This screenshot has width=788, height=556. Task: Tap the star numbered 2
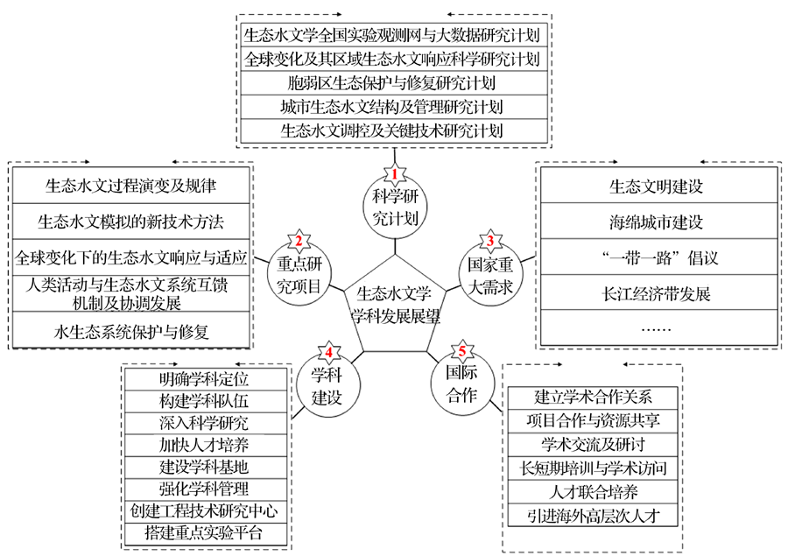tap(299, 242)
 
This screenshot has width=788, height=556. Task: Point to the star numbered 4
tap(328, 352)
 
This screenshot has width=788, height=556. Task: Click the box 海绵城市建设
tap(657, 222)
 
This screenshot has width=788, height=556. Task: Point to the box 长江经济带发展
tap(657, 293)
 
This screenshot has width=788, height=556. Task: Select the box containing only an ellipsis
tap(657, 328)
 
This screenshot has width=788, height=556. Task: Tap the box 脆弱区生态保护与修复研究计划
tap(391, 83)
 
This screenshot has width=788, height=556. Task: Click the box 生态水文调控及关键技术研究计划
tap(391, 131)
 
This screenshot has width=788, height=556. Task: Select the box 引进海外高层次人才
tap(597, 515)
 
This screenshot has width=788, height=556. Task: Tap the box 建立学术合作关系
tap(597, 396)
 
